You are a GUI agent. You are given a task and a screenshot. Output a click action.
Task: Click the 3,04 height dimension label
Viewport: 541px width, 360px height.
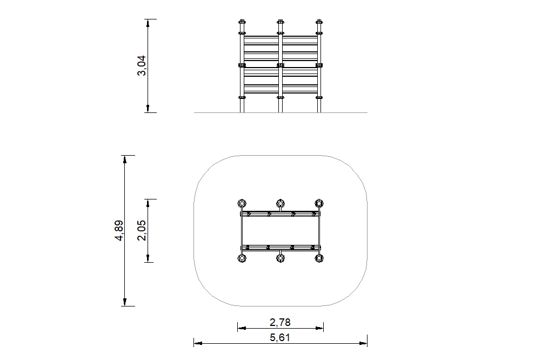point(142,65)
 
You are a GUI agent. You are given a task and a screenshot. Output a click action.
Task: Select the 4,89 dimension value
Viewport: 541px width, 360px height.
point(119,231)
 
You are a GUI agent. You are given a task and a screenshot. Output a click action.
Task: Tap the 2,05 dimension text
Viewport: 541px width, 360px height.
point(142,230)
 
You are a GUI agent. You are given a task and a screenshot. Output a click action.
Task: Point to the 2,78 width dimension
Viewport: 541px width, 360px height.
point(280,322)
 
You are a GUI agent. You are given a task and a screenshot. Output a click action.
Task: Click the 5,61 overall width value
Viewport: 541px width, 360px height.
point(280,337)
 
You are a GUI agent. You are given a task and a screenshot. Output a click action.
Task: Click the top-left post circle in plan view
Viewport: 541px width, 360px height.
point(242,203)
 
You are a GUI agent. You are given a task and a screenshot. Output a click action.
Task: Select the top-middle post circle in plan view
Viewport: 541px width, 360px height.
point(280,203)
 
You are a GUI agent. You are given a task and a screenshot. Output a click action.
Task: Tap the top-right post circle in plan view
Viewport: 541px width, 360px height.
point(319,203)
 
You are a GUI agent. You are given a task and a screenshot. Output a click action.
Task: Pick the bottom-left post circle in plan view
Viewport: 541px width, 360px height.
point(242,258)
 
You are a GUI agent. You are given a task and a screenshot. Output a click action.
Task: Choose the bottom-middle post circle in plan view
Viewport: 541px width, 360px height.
point(280,258)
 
